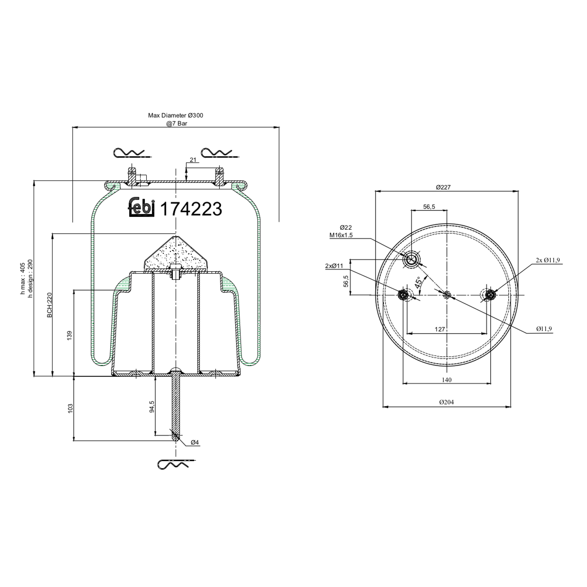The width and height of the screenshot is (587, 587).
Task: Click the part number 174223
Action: pyautogui.click(x=191, y=209)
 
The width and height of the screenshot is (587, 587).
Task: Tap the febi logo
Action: pyautogui.click(x=142, y=207)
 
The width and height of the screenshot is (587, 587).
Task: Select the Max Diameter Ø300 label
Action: pyautogui.click(x=175, y=115)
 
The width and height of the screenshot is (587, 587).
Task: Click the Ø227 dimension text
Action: pyautogui.click(x=443, y=187)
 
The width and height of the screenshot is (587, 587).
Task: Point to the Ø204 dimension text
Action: pyautogui.click(x=447, y=402)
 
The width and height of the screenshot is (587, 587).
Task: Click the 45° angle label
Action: pyautogui.click(x=418, y=283)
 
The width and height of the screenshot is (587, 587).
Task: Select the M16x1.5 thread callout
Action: pyautogui.click(x=341, y=235)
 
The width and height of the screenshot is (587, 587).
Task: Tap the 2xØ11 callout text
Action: pyautogui.click(x=334, y=266)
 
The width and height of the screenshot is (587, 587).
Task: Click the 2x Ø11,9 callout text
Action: pyautogui.click(x=548, y=260)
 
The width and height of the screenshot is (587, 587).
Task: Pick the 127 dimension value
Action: pyautogui.click(x=440, y=330)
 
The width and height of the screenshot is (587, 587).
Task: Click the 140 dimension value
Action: pyautogui.click(x=447, y=380)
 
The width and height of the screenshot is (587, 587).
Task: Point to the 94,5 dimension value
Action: pyautogui.click(x=152, y=406)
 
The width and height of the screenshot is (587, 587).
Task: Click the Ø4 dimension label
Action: pyautogui.click(x=195, y=443)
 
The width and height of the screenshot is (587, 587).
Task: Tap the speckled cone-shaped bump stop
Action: pyautogui.click(x=176, y=255)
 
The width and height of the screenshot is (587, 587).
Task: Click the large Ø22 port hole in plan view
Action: pyautogui.click(x=412, y=259)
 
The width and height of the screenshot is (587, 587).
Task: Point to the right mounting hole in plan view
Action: pyautogui.click(x=490, y=295)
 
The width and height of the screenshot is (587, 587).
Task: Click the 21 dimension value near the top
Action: pyautogui.click(x=193, y=160)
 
